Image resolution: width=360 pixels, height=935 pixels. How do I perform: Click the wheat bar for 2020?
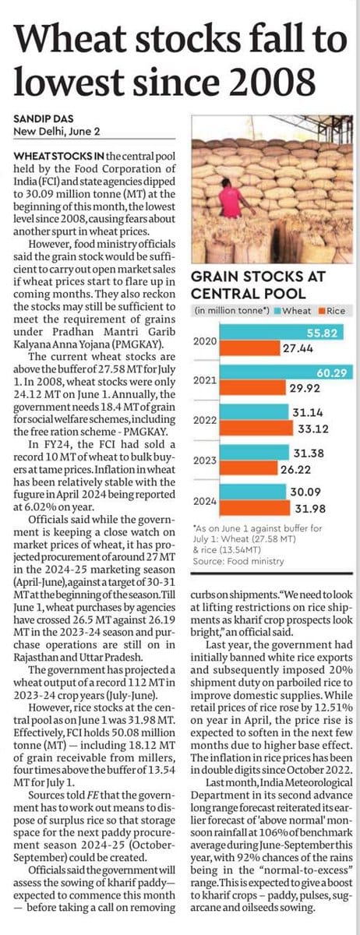click(x=281, y=333)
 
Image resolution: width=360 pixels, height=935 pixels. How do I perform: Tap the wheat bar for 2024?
click(x=253, y=492)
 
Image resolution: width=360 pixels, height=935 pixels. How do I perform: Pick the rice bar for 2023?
click(x=249, y=468)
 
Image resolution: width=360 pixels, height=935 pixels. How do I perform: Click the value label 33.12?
click(x=313, y=429)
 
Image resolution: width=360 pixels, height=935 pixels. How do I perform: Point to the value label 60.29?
click(x=332, y=372)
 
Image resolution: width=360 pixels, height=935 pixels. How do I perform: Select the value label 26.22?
click(x=295, y=470)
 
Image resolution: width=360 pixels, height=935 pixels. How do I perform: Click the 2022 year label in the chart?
click(x=205, y=420)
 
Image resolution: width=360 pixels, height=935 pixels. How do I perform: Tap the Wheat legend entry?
click(x=293, y=311)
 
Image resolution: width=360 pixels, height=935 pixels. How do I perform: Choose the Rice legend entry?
click(x=332, y=311)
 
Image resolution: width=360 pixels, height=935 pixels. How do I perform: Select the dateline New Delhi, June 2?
click(x=57, y=132)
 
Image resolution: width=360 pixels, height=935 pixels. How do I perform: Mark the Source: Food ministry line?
click(x=238, y=561)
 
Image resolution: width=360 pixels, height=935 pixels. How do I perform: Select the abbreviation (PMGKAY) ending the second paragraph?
click(x=141, y=344)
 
